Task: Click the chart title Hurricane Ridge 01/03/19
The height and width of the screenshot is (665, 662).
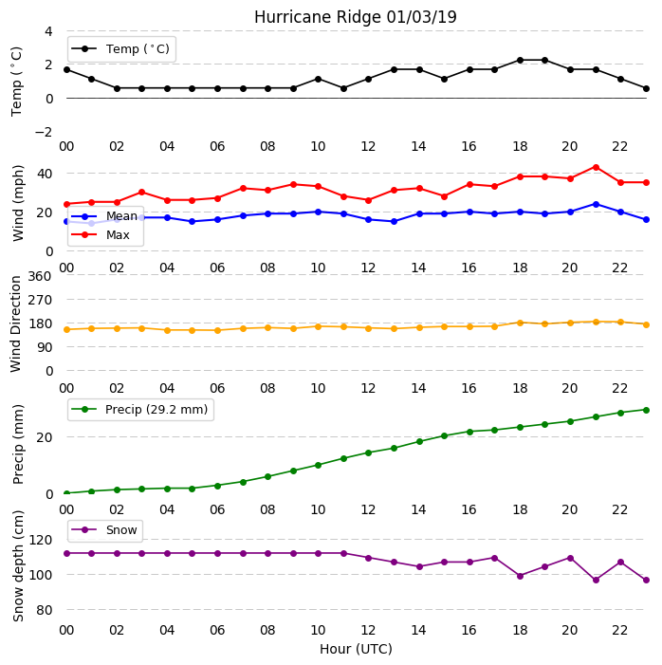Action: point(355,17)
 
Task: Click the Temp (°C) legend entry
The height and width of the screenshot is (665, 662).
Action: point(120,49)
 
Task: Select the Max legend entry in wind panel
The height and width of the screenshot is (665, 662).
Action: point(101,234)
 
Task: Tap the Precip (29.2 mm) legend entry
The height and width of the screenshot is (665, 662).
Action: point(139,409)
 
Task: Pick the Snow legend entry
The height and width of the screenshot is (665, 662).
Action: point(104,529)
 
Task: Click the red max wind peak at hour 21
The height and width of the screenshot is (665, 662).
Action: point(596,168)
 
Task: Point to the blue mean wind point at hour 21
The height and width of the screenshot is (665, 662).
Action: point(596,204)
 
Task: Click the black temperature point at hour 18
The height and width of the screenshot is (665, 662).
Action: point(521,60)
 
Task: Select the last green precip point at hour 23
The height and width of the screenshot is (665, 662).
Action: point(646,410)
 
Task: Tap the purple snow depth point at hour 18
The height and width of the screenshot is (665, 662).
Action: point(521,576)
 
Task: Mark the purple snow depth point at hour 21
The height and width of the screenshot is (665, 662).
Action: point(596,580)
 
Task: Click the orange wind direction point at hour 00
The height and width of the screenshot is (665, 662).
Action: point(66,329)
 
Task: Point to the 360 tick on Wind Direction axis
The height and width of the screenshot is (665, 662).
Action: point(40,276)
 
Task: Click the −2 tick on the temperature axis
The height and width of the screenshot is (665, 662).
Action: point(44,132)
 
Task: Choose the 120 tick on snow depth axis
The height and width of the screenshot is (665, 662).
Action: point(40,540)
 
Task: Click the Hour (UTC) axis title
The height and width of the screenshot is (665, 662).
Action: point(356,649)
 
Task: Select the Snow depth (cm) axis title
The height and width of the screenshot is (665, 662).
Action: point(18,566)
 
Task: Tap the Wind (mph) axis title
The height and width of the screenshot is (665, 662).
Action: point(18,203)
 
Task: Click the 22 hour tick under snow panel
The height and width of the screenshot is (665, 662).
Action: point(619,630)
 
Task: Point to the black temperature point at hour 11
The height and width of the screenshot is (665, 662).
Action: point(344,88)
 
